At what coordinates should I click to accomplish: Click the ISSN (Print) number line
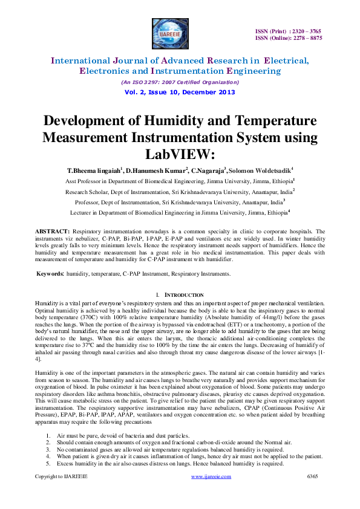[289, 31]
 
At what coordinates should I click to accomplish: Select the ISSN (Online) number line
[289, 38]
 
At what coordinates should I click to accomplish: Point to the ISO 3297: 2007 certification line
[180, 82]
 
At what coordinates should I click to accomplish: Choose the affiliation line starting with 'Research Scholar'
[180, 191]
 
